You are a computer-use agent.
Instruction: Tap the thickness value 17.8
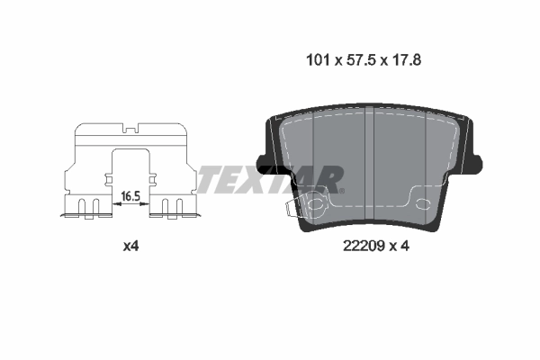pos(405,60)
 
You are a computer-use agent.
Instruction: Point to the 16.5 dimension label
pos(131,194)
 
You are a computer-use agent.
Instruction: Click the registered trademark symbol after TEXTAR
pos(341,190)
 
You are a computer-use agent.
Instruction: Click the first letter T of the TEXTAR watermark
pos(210,179)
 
